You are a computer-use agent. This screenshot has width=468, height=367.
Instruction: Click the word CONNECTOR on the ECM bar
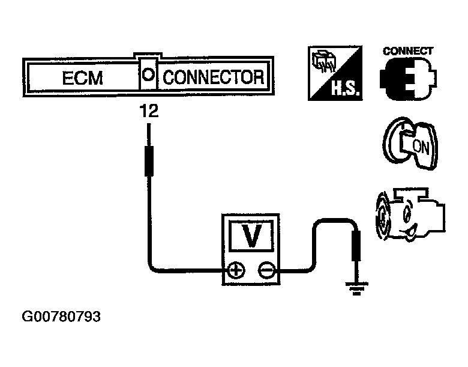point(213,77)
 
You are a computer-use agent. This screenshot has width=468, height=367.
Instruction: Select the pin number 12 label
point(148,111)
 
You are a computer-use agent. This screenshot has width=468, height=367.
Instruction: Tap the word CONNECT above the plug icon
point(408,51)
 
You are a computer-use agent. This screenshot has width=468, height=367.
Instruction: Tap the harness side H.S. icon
point(332,74)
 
